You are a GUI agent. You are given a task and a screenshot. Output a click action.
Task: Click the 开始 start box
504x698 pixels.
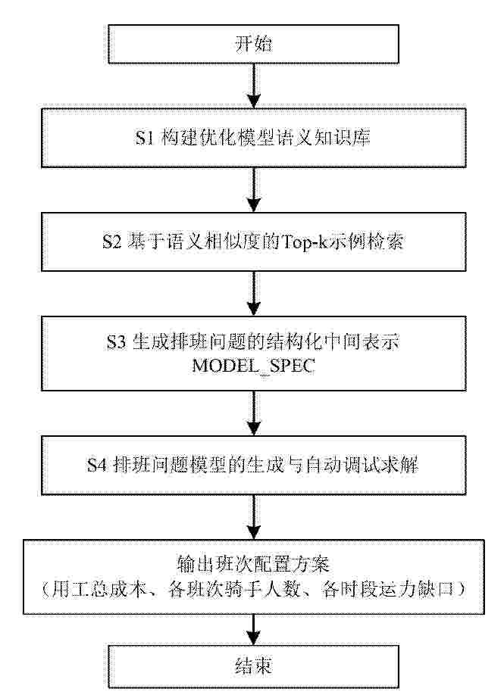(x=253, y=44)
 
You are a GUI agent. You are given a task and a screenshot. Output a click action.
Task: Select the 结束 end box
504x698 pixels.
(x=253, y=666)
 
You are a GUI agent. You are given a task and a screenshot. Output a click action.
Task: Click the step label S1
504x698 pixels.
(x=145, y=138)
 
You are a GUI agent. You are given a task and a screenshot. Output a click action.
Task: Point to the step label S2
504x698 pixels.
(x=111, y=241)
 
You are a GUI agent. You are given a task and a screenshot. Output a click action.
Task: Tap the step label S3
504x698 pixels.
(x=117, y=342)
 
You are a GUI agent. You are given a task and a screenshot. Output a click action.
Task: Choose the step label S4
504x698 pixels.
(x=97, y=465)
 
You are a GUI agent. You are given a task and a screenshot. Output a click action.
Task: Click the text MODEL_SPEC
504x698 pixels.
(x=254, y=366)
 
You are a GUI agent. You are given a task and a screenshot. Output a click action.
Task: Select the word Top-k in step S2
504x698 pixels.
(x=304, y=241)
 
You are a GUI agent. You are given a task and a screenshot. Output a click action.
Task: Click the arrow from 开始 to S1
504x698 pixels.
(x=254, y=86)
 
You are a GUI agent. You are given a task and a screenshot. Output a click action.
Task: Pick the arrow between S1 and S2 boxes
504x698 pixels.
(x=254, y=190)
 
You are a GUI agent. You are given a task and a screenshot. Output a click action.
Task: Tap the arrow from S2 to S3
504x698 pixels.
(x=254, y=294)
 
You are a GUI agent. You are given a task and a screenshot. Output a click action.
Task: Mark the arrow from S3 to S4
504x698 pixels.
(x=254, y=413)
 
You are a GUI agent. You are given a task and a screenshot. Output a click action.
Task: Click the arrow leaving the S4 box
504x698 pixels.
(x=254, y=517)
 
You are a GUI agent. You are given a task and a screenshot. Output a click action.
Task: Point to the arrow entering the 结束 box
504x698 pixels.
(x=254, y=630)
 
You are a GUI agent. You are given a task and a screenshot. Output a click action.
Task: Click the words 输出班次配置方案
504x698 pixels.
(x=253, y=565)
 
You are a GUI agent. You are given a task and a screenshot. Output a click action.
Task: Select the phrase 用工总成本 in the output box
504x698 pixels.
(x=99, y=590)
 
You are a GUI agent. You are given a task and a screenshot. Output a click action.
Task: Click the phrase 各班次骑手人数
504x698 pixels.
(x=234, y=590)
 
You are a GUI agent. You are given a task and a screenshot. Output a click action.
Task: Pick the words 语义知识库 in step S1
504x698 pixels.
(x=322, y=138)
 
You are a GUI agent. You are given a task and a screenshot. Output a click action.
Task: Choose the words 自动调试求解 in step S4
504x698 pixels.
(x=362, y=465)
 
